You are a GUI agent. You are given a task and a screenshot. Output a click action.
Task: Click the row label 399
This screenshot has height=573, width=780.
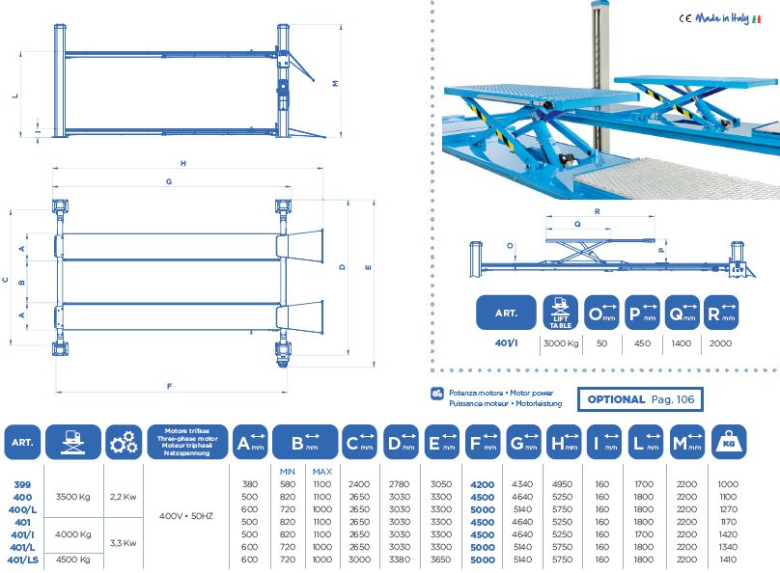click(21, 483)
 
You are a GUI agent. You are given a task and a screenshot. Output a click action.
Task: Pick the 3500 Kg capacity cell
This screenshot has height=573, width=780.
click(73, 496)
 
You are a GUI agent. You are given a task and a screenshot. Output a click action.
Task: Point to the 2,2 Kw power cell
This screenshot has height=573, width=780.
click(123, 496)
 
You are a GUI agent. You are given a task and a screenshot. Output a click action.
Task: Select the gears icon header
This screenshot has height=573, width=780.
click(123, 445)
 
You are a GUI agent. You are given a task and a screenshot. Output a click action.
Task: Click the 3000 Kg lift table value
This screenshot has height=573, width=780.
click(560, 343)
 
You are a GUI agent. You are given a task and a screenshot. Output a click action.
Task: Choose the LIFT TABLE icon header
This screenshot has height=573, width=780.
click(560, 313)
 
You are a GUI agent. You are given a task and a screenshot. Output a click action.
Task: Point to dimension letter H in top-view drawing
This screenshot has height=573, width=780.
click(182, 163)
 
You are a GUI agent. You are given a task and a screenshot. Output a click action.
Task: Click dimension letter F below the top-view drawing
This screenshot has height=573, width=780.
click(169, 387)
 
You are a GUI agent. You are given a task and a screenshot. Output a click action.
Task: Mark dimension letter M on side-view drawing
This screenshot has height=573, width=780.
click(335, 83)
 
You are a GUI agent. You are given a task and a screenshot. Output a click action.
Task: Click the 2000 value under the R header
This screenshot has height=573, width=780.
click(720, 343)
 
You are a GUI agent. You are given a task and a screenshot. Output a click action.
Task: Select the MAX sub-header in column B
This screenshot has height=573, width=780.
click(322, 470)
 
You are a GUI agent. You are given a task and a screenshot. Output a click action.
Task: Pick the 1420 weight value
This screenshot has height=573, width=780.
click(728, 533)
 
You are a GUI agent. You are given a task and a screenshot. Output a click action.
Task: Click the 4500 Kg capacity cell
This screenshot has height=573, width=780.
click(73, 559)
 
